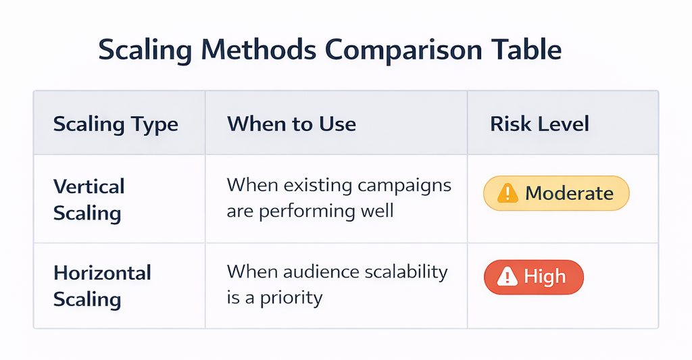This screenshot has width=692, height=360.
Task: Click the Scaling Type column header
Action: click(x=116, y=124)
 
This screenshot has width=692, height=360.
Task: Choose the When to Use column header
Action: click(x=291, y=124)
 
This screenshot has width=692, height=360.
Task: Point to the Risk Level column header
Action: click(x=539, y=124)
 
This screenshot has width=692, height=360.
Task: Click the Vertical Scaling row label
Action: click(x=89, y=199)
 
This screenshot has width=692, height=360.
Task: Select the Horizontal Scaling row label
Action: click(x=102, y=286)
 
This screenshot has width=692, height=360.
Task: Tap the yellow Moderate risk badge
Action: click(x=555, y=194)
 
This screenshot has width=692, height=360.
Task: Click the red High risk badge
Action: click(x=533, y=277)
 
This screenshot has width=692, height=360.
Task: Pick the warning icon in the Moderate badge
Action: click(x=507, y=194)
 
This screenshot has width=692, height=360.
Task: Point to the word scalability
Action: click(x=404, y=272)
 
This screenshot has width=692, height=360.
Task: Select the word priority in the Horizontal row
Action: click(x=290, y=297)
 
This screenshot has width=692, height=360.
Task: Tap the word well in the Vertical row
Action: click(x=376, y=211)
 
